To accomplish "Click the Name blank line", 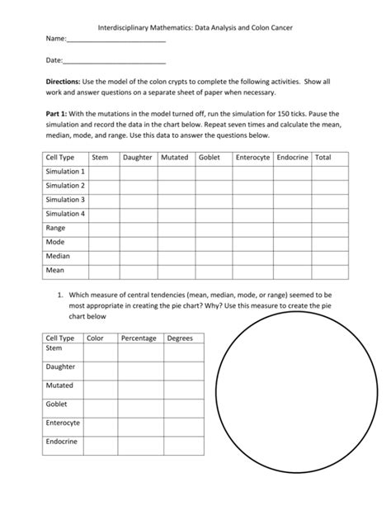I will (115, 40).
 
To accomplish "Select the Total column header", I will (323, 157).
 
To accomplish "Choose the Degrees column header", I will (180, 338).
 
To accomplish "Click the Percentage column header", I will (139, 338).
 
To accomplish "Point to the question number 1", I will (61, 295).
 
